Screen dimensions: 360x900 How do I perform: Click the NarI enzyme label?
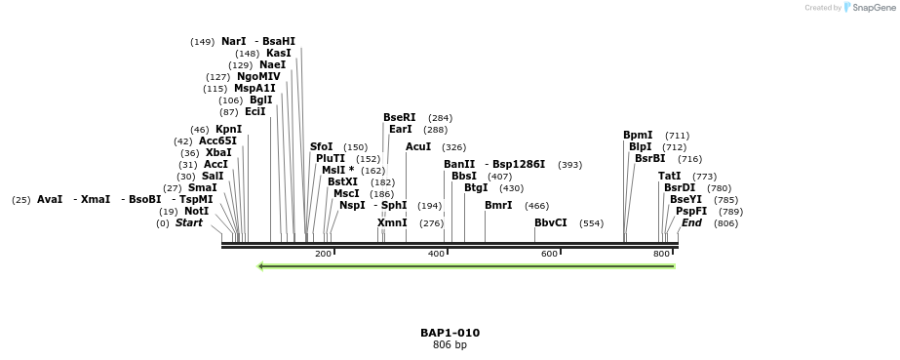click(234, 41)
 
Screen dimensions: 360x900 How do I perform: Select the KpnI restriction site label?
click(229, 129)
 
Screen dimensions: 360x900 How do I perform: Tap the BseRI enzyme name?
click(400, 117)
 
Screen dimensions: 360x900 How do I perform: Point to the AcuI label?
click(418, 146)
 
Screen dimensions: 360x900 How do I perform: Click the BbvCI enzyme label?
click(551, 222)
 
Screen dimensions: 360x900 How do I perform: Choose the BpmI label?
click(638, 135)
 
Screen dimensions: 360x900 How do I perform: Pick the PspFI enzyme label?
click(691, 211)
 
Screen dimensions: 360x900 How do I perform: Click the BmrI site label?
click(498, 205)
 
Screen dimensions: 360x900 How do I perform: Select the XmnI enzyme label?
click(392, 222)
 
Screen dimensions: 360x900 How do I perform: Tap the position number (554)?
click(591, 223)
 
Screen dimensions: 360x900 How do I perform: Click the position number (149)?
click(203, 42)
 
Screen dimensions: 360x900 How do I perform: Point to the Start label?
click(189, 222)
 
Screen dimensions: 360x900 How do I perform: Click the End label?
click(691, 222)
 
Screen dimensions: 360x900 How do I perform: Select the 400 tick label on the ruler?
click(436, 254)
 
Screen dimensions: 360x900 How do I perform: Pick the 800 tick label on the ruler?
click(662, 254)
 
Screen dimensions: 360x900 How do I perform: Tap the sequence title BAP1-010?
click(450, 333)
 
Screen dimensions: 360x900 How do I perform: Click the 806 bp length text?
click(450, 344)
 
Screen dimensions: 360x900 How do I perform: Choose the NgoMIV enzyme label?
click(258, 76)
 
